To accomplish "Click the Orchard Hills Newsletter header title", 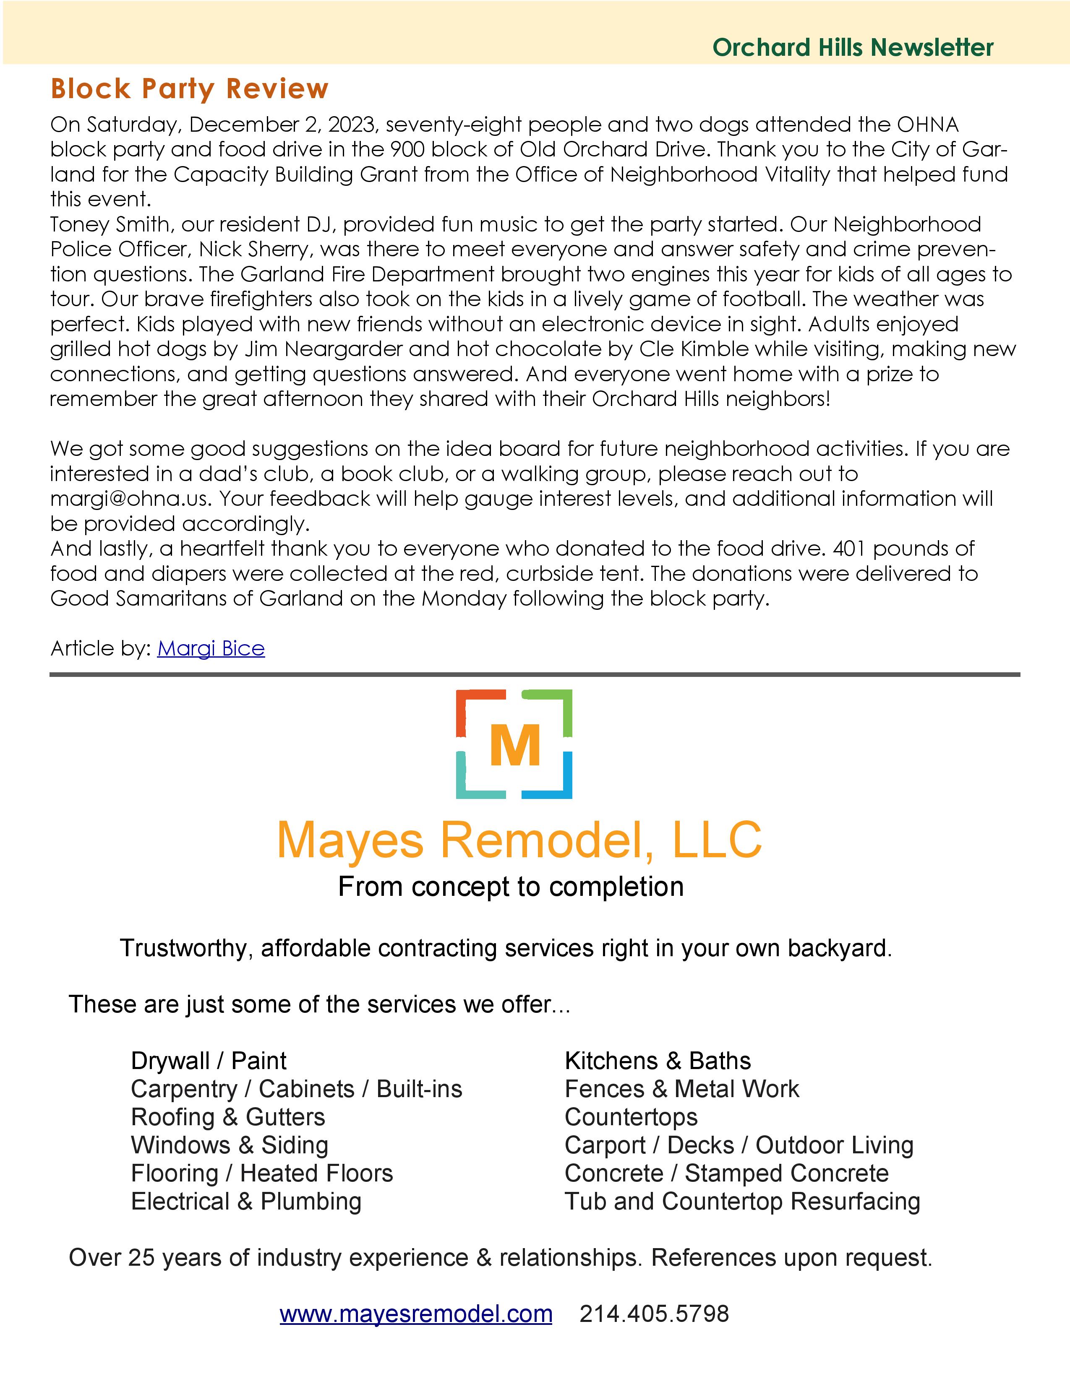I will pos(853,47).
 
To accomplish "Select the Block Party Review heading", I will pos(190,89).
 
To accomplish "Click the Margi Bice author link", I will pos(211,648).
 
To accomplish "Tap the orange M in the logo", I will pos(515,745).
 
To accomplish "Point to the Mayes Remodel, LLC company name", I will pos(519,840).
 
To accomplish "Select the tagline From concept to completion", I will pos(511,887).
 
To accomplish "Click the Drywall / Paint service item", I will pos(209,1061).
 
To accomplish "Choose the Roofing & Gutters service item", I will pos(227,1117).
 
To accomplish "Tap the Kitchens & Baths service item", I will pos(658,1061).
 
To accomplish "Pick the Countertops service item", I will pos(631,1117).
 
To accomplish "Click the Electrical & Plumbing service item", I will pos(246,1202).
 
